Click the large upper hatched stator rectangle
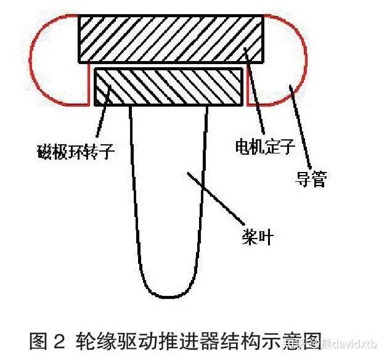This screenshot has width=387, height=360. [x=171, y=38]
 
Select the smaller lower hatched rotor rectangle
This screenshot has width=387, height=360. [x=168, y=87]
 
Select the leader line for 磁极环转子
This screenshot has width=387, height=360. [x=104, y=117]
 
